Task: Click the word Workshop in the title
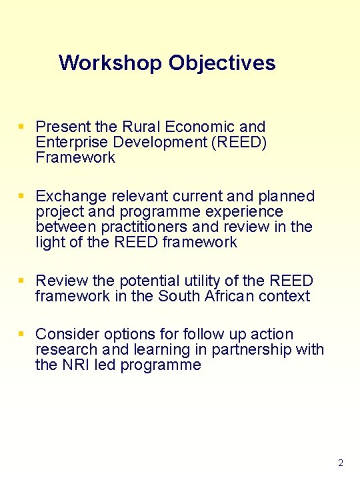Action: pyautogui.click(x=111, y=63)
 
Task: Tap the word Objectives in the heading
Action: pyautogui.click(x=222, y=63)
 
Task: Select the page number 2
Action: pyautogui.click(x=341, y=463)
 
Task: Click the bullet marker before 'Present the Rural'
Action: pyautogui.click(x=22, y=126)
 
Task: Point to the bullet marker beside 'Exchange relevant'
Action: pyautogui.click(x=22, y=196)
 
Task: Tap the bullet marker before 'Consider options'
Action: pyautogui.click(x=22, y=333)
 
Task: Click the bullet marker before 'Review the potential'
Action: pyautogui.click(x=22, y=281)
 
